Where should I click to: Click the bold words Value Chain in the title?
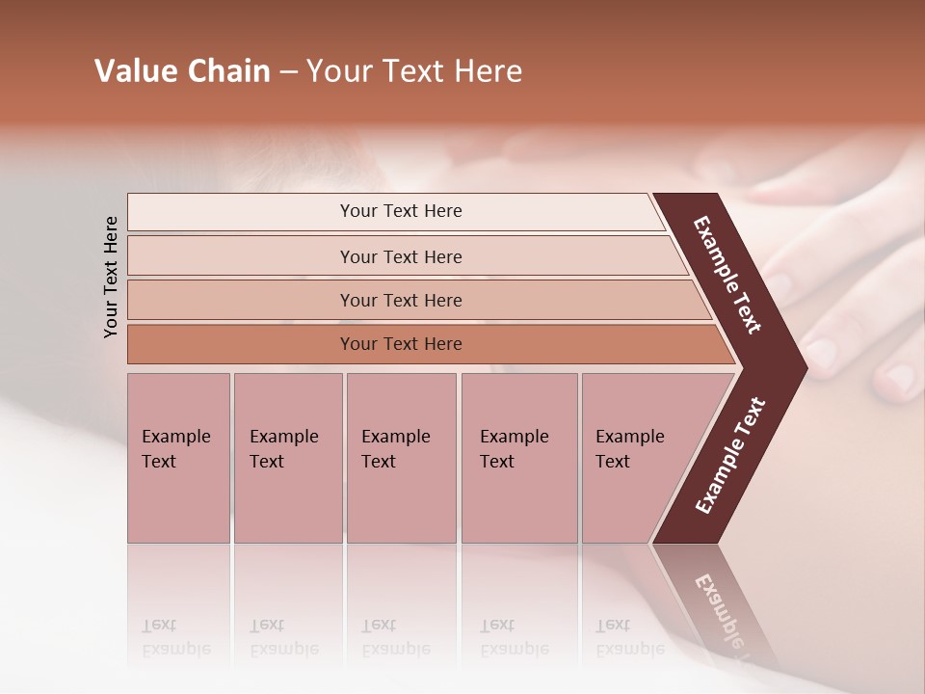click(x=182, y=71)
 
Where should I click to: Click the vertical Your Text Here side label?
click(x=111, y=277)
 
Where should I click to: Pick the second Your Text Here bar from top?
click(x=400, y=256)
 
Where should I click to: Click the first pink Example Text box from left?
click(x=178, y=458)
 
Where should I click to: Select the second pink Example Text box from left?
click(x=287, y=458)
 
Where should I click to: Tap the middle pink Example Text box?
click(x=401, y=458)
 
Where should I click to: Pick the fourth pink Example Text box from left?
click(x=518, y=458)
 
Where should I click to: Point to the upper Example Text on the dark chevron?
click(x=728, y=275)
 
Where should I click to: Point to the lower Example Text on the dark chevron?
click(x=729, y=455)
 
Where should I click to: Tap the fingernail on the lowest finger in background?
click(x=903, y=378)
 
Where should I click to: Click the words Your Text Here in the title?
click(x=414, y=71)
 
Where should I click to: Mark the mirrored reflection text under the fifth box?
click(x=629, y=637)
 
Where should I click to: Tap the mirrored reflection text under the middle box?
click(x=395, y=637)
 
